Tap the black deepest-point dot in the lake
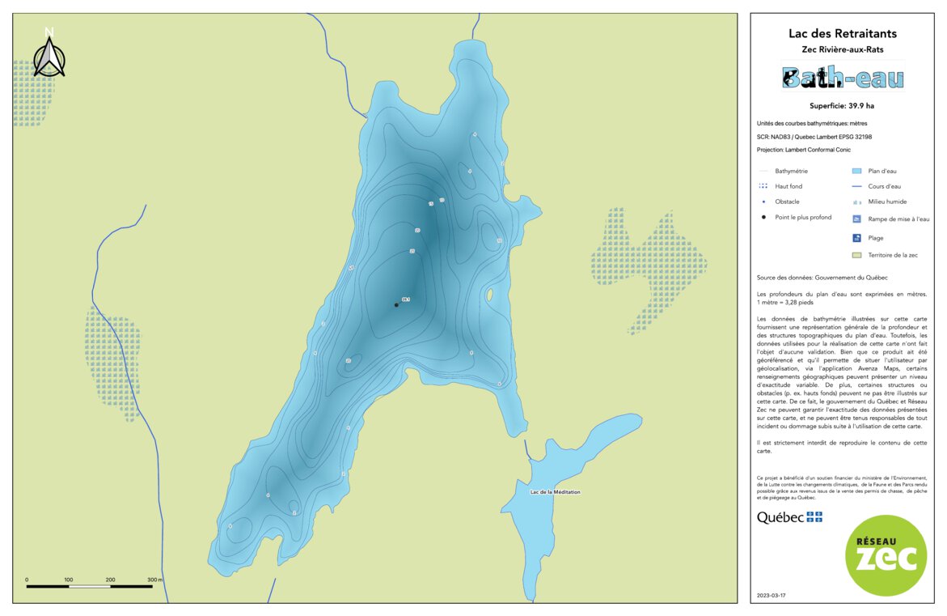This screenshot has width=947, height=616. point(396,305)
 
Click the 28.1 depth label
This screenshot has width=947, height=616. point(406,300)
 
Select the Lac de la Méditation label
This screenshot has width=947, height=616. point(555,492)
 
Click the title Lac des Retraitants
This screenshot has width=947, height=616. point(842,34)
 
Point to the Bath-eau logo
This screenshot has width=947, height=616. point(842,78)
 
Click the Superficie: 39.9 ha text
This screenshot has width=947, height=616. point(842,106)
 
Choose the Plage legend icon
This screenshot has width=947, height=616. point(856,238)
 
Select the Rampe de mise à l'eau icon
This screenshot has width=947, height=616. point(856,219)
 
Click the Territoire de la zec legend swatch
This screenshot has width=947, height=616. point(856,255)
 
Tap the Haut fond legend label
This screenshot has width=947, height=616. point(788,186)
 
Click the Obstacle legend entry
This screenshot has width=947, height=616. point(787,202)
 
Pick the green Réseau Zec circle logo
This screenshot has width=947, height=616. point(886,555)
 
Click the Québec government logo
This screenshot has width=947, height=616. point(789,517)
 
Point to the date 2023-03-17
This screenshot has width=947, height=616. point(771,596)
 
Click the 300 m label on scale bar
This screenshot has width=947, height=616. point(154,580)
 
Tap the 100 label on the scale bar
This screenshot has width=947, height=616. point(69,580)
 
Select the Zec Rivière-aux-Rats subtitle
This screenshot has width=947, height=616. point(842,49)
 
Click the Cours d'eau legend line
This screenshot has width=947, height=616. point(856,186)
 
